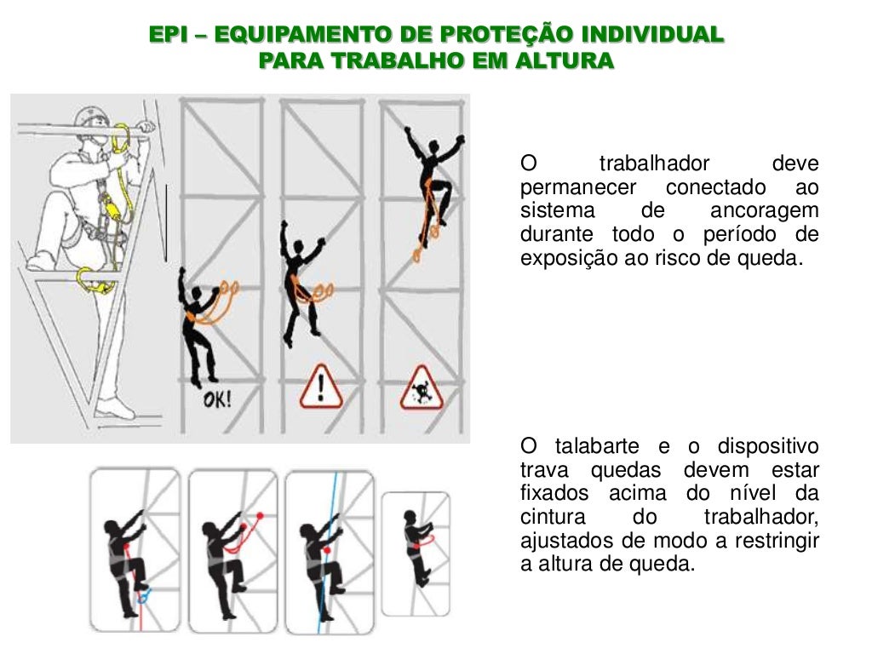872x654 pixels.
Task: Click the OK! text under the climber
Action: click(216, 399)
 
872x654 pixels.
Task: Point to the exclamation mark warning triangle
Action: click(320, 387)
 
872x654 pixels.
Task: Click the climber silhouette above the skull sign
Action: click(433, 183)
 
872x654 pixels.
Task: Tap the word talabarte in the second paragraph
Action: click(597, 447)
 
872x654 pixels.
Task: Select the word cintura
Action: click(554, 518)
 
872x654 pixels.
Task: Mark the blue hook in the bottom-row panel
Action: click(145, 595)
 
